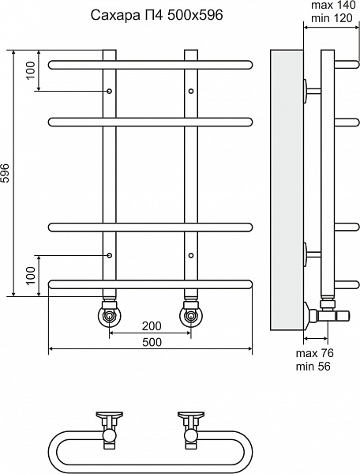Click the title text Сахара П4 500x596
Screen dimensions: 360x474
pyautogui.click(x=157, y=15)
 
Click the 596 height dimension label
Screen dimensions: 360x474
pyautogui.click(x=6, y=173)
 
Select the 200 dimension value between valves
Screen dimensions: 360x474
pyautogui.click(x=152, y=325)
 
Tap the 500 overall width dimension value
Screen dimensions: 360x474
pyautogui.click(x=152, y=342)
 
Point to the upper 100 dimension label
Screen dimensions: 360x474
pyautogui.click(x=31, y=70)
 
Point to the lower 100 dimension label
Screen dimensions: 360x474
pyautogui.click(x=31, y=276)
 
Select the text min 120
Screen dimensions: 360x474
pyautogui.click(x=332, y=18)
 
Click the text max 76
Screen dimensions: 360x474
pyautogui.click(x=315, y=353)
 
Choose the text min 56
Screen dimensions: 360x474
pyautogui.click(x=313, y=367)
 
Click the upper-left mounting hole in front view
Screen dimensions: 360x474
pyautogui.click(x=109, y=91)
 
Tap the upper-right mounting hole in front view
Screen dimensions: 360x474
pyautogui.click(x=191, y=91)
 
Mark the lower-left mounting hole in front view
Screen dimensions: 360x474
pyautogui.click(x=109, y=255)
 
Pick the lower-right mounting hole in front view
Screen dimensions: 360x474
pyautogui.click(x=191, y=255)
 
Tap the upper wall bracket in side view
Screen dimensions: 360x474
pyautogui.click(x=312, y=90)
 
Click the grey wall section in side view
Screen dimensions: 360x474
pyautogui.click(x=287, y=190)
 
